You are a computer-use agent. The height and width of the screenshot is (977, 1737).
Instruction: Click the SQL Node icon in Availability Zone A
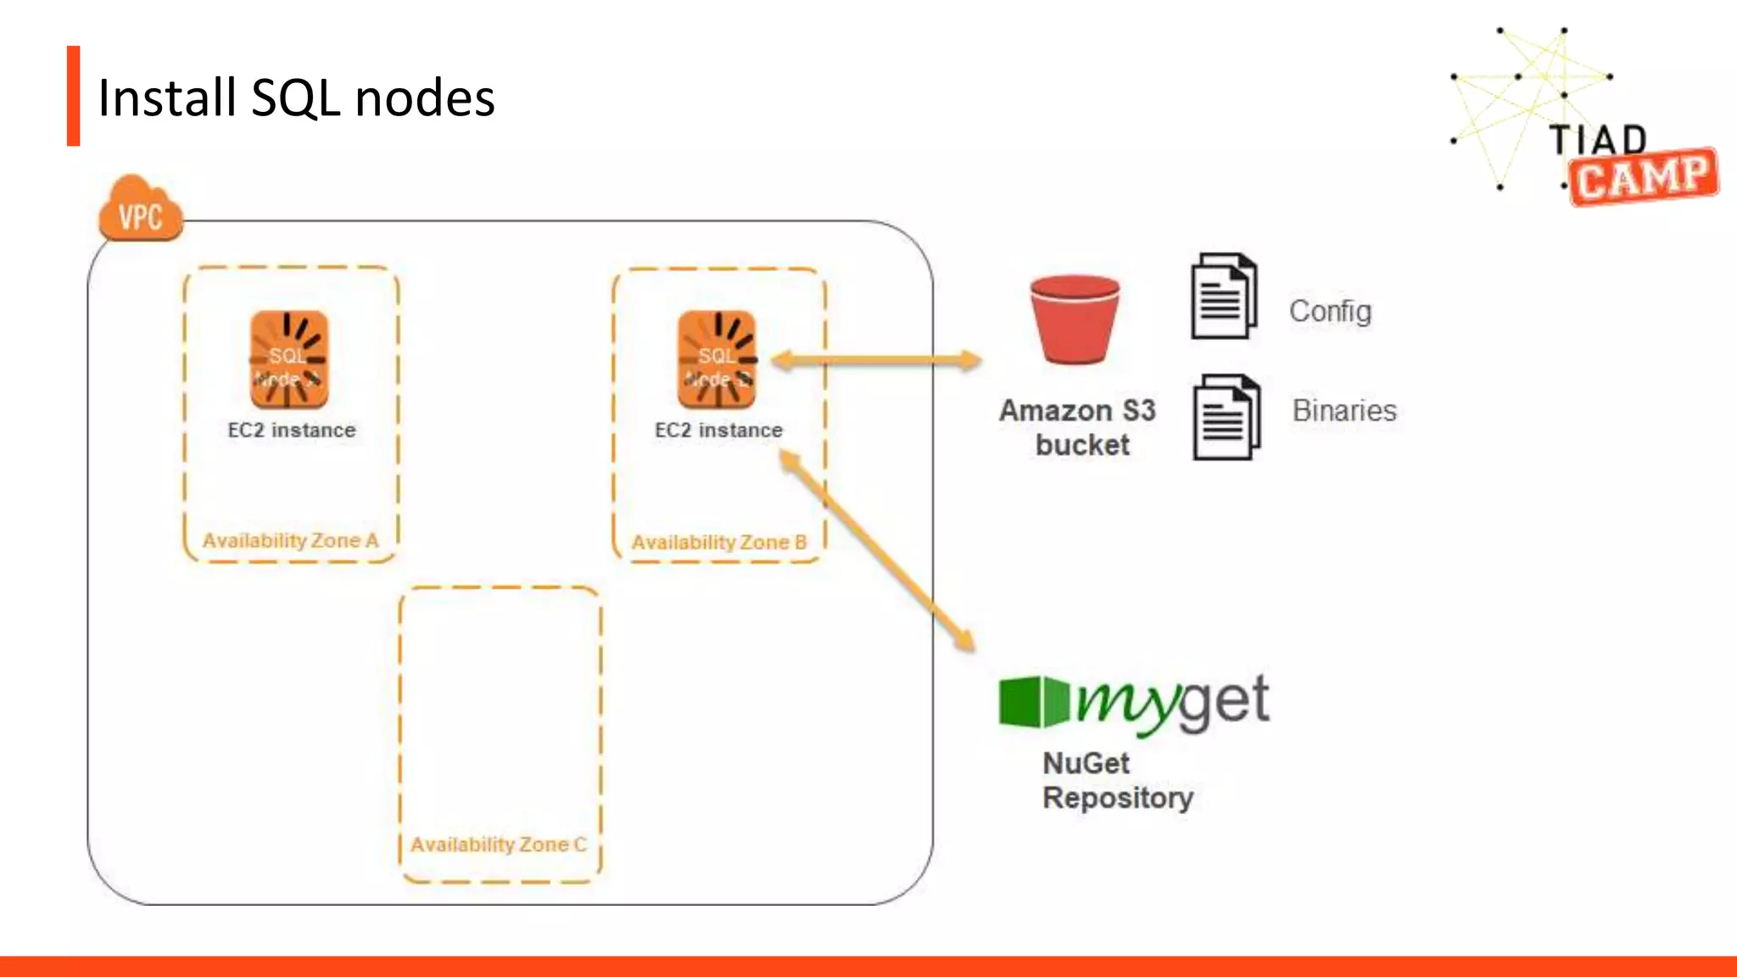click(x=288, y=360)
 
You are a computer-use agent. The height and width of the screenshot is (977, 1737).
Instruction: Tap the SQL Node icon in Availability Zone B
click(x=717, y=360)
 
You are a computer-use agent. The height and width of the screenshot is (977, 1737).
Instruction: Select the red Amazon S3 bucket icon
click(x=1075, y=319)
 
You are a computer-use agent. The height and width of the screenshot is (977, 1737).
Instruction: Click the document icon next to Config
click(x=1224, y=296)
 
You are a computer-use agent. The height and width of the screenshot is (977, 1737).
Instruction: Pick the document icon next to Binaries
click(x=1226, y=417)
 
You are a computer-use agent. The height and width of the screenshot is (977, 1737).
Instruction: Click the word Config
click(x=1330, y=311)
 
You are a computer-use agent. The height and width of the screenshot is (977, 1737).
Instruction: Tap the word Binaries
click(x=1344, y=410)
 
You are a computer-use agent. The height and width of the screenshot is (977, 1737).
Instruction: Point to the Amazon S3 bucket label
click(x=1078, y=427)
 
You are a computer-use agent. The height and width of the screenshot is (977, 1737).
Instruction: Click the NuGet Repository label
click(x=1117, y=780)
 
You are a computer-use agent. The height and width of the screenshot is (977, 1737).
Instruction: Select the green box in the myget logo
click(x=1033, y=701)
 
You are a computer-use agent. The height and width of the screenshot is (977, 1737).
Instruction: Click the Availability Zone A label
click(x=290, y=540)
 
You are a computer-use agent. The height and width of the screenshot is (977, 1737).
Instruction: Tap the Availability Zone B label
click(x=718, y=542)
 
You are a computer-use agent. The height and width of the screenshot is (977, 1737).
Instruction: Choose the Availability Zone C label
click(x=498, y=845)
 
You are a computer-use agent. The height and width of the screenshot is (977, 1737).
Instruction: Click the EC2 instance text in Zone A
click(x=292, y=430)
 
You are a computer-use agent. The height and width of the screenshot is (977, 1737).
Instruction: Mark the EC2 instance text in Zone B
click(x=718, y=430)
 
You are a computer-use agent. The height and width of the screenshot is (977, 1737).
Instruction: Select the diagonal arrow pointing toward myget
click(x=877, y=551)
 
